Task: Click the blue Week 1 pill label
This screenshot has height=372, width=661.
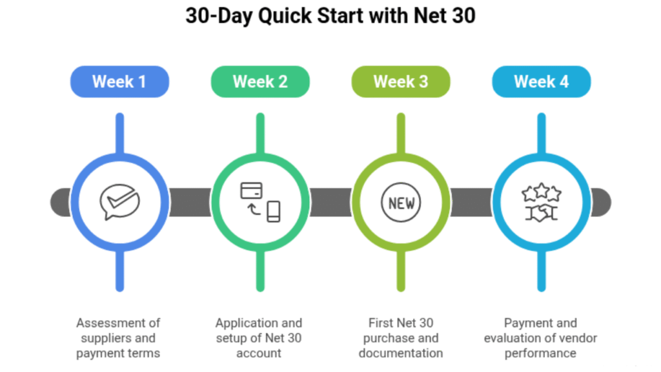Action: pyautogui.click(x=119, y=82)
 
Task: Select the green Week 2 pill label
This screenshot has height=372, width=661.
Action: pyautogui.click(x=260, y=82)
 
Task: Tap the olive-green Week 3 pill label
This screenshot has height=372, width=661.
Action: pyautogui.click(x=401, y=82)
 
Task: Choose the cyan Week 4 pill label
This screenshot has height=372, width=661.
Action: pyautogui.click(x=542, y=82)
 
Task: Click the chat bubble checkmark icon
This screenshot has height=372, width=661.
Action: pyautogui.click(x=119, y=201)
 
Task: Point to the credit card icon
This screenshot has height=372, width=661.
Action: pyautogui.click(x=251, y=191)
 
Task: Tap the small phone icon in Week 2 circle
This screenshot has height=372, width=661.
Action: pyautogui.click(x=274, y=211)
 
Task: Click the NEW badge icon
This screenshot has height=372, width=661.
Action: pyautogui.click(x=401, y=203)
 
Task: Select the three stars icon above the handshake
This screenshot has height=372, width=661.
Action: pyautogui.click(x=542, y=192)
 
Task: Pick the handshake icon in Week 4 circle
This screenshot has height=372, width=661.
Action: pyautogui.click(x=542, y=212)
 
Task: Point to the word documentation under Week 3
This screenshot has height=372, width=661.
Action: pyautogui.click(x=401, y=353)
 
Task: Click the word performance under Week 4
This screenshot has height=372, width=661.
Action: pyautogui.click(x=542, y=353)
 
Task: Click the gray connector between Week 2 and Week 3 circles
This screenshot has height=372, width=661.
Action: pyautogui.click(x=330, y=203)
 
